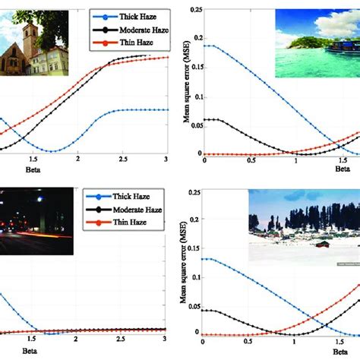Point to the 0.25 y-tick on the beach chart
pos(196,9)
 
